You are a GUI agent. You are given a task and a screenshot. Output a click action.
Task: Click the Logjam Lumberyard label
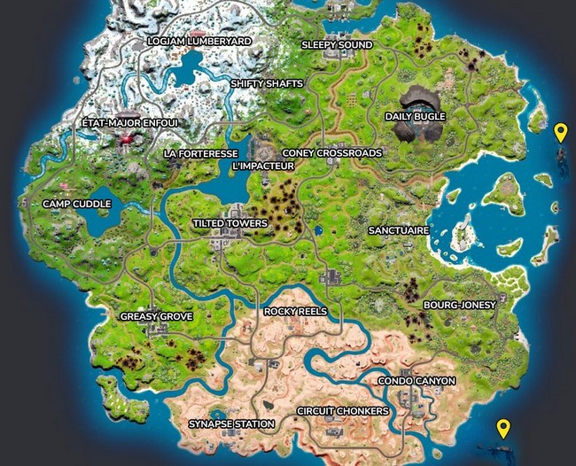point(199,42)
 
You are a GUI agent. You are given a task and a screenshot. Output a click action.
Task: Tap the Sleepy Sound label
point(337,44)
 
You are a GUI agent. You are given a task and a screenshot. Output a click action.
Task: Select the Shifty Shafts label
point(267,83)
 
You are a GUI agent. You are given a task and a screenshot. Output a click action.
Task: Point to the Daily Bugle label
point(416,116)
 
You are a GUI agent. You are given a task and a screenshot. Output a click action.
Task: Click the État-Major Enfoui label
point(130,122)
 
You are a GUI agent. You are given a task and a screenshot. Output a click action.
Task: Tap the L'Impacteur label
point(262,166)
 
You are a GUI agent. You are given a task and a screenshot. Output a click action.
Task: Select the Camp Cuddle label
point(77,204)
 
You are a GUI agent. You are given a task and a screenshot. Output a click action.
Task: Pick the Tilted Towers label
point(230,223)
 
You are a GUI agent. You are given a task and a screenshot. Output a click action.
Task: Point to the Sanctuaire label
point(399,229)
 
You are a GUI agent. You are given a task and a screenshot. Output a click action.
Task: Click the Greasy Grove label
point(157,315)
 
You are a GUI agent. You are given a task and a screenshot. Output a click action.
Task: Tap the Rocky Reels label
point(296,312)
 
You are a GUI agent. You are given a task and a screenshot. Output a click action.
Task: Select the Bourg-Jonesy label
point(454,305)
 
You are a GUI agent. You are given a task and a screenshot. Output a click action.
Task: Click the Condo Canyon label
point(416,381)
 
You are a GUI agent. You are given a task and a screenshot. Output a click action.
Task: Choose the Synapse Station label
point(231,424)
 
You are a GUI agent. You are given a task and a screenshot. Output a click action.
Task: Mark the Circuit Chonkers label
point(343,412)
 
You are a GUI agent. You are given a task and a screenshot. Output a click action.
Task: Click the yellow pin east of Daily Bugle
point(560,132)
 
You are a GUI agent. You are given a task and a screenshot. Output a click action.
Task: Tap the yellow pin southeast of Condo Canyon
point(503,428)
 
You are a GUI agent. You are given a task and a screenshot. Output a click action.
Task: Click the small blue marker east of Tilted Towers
point(318,231)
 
